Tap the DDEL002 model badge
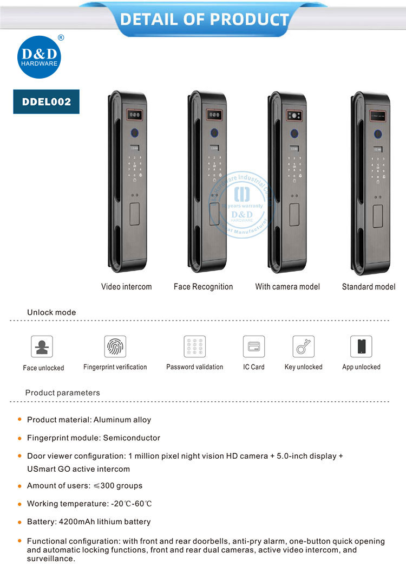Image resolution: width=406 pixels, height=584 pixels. (x=47, y=101)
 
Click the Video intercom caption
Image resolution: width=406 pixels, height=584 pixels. (x=126, y=286)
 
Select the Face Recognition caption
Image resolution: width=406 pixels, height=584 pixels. (x=203, y=286)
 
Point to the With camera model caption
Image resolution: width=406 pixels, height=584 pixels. (x=287, y=286)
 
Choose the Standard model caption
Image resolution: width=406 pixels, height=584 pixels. (x=369, y=286)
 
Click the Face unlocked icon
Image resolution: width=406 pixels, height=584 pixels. (x=42, y=346)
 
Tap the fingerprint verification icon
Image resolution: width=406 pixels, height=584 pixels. (x=115, y=346)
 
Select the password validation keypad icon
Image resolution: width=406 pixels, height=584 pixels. (x=194, y=346)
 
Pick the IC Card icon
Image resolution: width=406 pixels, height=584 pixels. (x=253, y=346)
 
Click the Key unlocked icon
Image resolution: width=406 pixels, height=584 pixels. (x=303, y=346)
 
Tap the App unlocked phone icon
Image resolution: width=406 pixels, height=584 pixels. (x=361, y=346)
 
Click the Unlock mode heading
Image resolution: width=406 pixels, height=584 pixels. (x=51, y=312)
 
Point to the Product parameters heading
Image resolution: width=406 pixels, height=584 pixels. (x=62, y=393)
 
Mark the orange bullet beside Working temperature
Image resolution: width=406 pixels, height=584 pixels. (x=19, y=503)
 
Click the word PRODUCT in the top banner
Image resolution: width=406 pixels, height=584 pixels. (x=249, y=20)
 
